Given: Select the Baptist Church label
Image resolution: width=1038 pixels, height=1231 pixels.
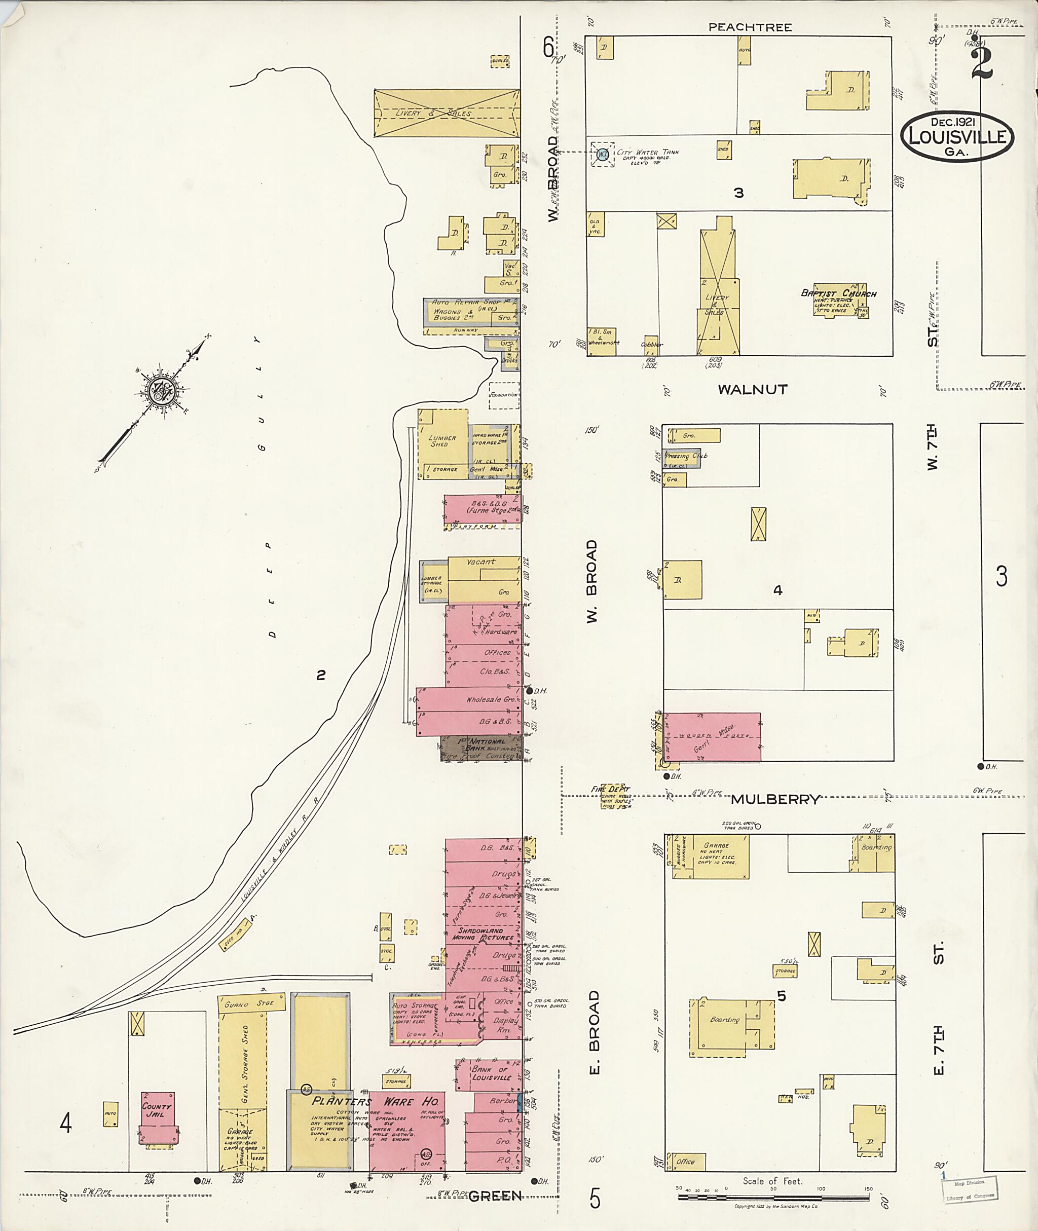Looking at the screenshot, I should click(838, 293).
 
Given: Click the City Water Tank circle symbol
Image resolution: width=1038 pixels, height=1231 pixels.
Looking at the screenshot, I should click(603, 155).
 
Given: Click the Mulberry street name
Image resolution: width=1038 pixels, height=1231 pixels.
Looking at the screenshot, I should click(775, 799).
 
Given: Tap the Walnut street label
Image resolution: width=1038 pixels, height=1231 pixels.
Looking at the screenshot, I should click(752, 389).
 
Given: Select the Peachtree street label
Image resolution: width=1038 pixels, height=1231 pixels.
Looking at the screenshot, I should click(750, 27).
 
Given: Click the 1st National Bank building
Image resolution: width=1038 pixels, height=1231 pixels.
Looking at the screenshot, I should click(481, 748).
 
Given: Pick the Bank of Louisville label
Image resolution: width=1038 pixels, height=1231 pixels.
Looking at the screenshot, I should click(491, 1073).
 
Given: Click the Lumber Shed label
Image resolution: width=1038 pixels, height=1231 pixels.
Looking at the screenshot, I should click(442, 441).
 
